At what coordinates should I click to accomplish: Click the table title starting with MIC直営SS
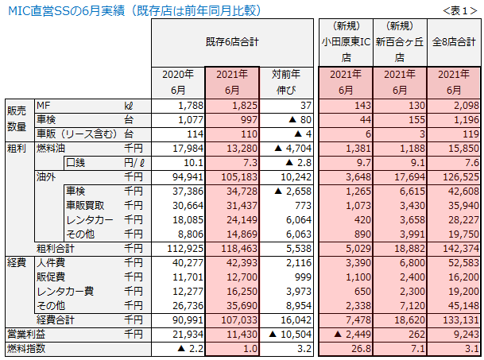pos(134,11)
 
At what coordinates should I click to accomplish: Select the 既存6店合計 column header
pos(234,40)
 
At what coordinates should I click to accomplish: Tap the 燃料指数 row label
pos(25,349)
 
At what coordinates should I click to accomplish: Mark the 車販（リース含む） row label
pos(73,134)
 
